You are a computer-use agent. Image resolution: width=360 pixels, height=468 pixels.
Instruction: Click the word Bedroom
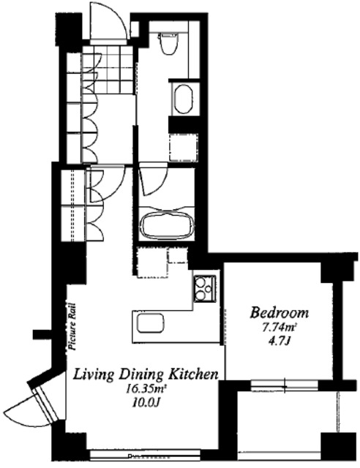(x=280, y=313)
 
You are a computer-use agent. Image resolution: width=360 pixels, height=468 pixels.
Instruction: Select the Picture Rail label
(x=71, y=326)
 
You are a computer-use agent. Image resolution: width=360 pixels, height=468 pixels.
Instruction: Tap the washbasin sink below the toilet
(x=184, y=99)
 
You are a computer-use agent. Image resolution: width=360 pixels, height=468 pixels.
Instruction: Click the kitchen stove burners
(x=205, y=289)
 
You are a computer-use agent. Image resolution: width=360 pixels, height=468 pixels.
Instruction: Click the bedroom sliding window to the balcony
(x=284, y=385)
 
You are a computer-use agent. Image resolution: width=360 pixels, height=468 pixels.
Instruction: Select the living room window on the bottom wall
(x=145, y=455)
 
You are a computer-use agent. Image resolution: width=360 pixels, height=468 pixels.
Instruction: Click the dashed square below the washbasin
(x=184, y=148)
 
